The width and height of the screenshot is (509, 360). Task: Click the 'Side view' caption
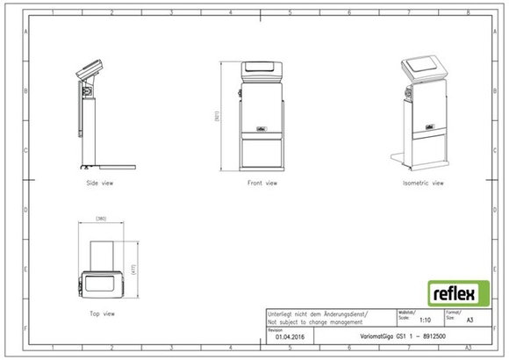[x=99, y=184]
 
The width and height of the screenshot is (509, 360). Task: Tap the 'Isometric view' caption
[x=423, y=184]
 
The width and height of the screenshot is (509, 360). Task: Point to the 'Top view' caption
[x=103, y=313]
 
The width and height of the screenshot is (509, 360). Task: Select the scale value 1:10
[x=425, y=321]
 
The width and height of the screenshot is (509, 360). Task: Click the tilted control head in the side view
[x=90, y=68]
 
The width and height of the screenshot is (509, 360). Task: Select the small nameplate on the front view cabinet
[x=261, y=127]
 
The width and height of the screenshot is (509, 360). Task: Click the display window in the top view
[x=104, y=284]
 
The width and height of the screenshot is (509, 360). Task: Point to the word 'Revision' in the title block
[x=275, y=329]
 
